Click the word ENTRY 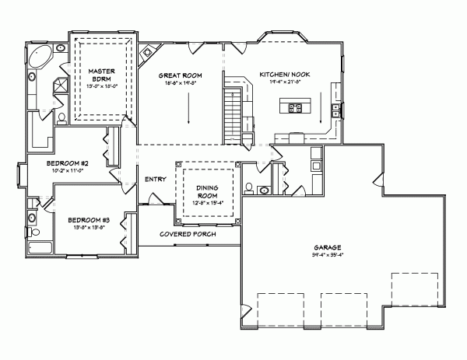(155, 180)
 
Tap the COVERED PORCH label (188, 234)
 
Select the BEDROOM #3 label (87, 220)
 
